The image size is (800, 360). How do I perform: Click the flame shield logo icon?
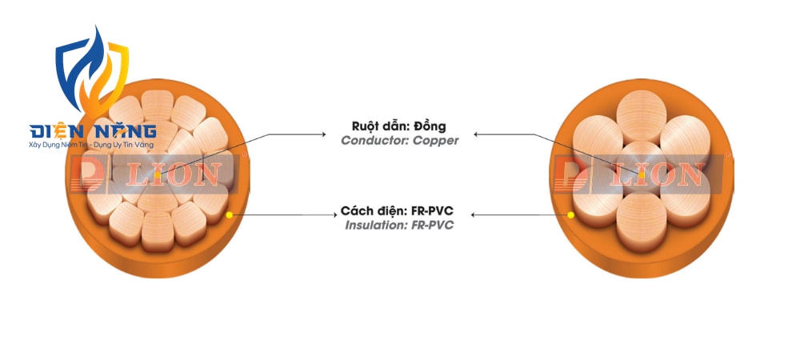pos(92,71)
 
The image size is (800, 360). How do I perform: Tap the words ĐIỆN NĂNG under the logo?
pos(93,131)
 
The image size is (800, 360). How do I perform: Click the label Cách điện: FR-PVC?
pos(397,210)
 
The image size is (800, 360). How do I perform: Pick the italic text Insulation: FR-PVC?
pos(399,225)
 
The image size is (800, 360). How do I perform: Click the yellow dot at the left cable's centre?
pos(158,175)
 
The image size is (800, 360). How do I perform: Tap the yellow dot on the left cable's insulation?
pos(229,215)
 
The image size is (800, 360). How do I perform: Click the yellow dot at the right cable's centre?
pos(642,175)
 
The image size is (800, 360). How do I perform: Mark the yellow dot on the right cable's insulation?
pos(570,215)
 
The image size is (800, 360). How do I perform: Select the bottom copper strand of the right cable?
pos(642,222)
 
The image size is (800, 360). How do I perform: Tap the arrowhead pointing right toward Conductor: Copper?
pos(322,134)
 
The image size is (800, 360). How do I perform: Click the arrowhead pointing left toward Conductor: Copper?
pos(477,134)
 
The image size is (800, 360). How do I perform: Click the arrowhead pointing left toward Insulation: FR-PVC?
pos(474,215)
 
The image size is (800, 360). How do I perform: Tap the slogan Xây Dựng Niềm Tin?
pos(55,146)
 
